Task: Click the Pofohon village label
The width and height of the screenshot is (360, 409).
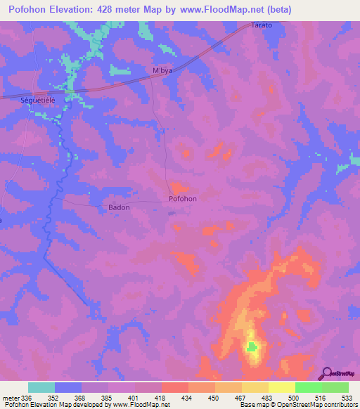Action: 183,199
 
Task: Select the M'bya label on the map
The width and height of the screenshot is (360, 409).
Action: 162,71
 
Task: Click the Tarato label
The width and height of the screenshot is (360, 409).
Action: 262,25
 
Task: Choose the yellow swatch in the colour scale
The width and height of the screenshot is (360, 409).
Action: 281,387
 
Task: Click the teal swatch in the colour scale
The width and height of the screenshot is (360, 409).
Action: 41,387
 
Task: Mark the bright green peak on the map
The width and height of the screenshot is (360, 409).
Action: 252,346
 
